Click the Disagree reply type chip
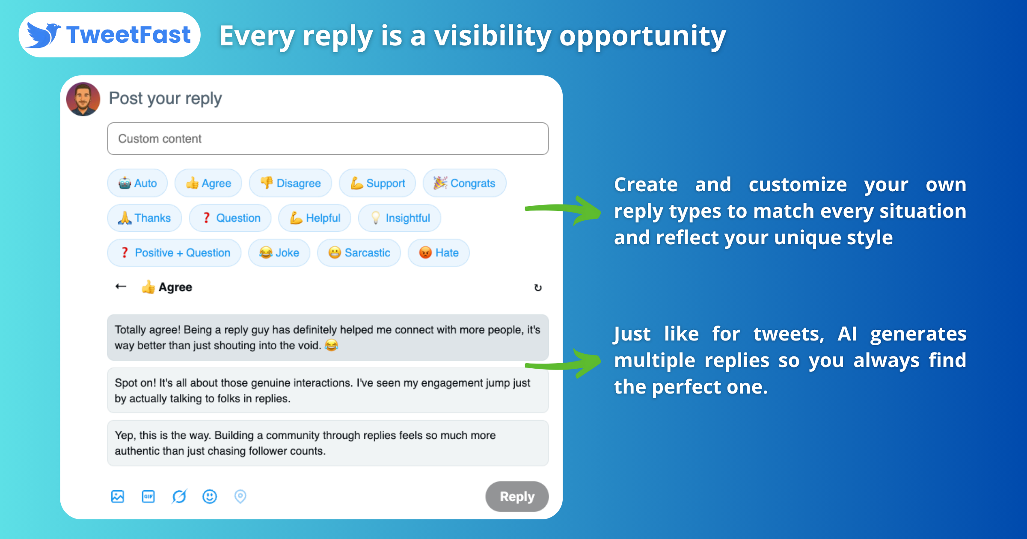pyautogui.click(x=291, y=183)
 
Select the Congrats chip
pyautogui.click(x=464, y=183)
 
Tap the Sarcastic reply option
pyautogui.click(x=359, y=253)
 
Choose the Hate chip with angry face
pyautogui.click(x=439, y=253)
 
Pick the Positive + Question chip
pyautogui.click(x=174, y=253)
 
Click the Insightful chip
pyautogui.click(x=400, y=218)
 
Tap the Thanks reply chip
pyautogui.click(x=145, y=218)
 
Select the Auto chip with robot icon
pyautogui.click(x=137, y=183)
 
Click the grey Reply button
pyautogui.click(x=517, y=497)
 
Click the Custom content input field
pyautogui.click(x=328, y=139)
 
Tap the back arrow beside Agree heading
pyautogui.click(x=121, y=287)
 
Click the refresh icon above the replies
pyautogui.click(x=538, y=287)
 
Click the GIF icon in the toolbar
pyautogui.click(x=148, y=497)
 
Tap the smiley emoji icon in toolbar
pyautogui.click(x=210, y=497)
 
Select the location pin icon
pyautogui.click(x=240, y=497)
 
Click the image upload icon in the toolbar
pyautogui.click(x=118, y=497)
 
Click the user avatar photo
pyautogui.click(x=83, y=99)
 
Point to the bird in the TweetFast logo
pyautogui.click(x=42, y=35)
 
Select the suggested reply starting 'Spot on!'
pyautogui.click(x=328, y=391)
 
